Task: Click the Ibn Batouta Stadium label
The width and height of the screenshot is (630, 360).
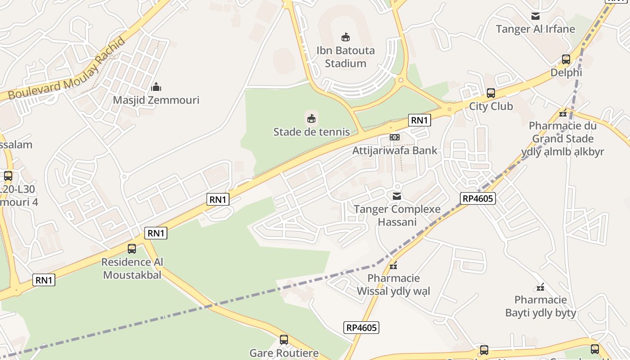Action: (x=345, y=57)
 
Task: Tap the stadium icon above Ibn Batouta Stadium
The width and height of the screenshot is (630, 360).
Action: (x=346, y=37)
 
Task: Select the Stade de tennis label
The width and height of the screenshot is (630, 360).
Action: (x=311, y=132)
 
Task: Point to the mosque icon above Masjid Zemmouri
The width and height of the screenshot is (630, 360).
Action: (x=156, y=86)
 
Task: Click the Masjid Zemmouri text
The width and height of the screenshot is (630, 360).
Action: (x=156, y=100)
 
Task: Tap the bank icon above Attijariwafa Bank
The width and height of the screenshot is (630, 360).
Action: (x=395, y=137)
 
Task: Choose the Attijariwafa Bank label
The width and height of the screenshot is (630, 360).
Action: (x=395, y=150)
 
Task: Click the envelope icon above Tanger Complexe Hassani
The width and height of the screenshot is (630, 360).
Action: (x=397, y=196)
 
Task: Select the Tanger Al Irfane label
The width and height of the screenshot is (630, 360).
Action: (x=535, y=29)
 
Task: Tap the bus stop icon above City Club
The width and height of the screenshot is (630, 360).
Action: (x=491, y=93)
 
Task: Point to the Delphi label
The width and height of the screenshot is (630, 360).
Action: (x=566, y=72)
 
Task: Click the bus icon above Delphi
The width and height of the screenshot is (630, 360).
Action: (x=566, y=59)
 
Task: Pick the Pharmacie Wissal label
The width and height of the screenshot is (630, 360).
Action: (x=393, y=285)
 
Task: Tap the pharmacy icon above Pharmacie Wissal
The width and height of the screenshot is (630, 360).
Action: (x=393, y=265)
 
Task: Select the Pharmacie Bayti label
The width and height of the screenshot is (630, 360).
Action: (x=540, y=306)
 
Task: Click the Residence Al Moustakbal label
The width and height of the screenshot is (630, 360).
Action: (x=132, y=268)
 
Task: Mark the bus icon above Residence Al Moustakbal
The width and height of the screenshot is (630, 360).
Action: (x=132, y=248)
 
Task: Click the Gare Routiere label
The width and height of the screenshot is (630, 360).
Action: (x=284, y=353)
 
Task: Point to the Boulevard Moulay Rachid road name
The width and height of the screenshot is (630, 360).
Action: (x=67, y=70)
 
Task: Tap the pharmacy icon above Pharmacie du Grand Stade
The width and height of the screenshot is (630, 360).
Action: (x=562, y=112)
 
